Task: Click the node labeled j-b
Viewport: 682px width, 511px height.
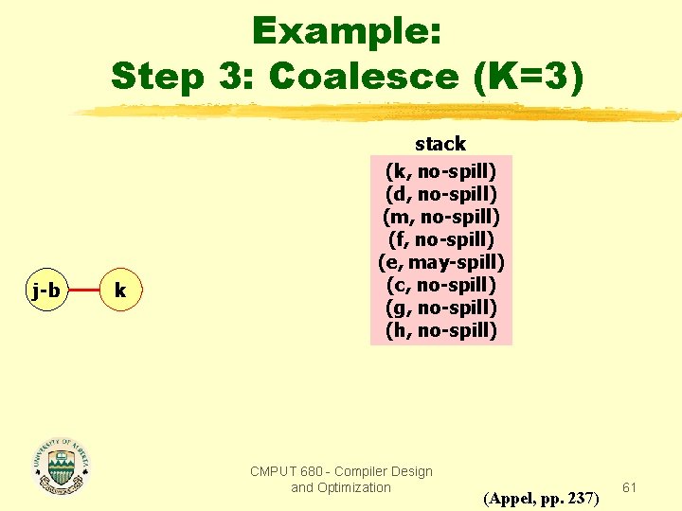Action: [45, 291]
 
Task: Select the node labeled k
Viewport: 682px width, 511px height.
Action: [120, 291]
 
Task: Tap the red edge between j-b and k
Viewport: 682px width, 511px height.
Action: [83, 291]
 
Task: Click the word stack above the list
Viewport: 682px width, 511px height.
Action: [440, 144]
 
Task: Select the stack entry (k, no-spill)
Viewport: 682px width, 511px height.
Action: [440, 171]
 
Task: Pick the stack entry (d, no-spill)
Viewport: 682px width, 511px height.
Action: [440, 194]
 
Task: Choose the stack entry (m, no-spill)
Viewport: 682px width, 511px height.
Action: [440, 217]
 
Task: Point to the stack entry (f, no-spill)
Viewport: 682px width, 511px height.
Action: [440, 239]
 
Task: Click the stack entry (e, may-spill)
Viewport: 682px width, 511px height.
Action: [440, 262]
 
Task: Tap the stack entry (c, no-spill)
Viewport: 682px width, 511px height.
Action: [440, 285]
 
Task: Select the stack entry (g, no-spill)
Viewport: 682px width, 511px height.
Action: [440, 308]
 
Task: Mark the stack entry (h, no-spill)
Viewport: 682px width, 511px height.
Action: [440, 330]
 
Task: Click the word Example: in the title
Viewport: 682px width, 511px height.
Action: [346, 32]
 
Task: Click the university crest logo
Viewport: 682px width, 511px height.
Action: [61, 466]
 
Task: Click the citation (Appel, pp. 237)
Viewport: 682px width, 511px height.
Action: [541, 498]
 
